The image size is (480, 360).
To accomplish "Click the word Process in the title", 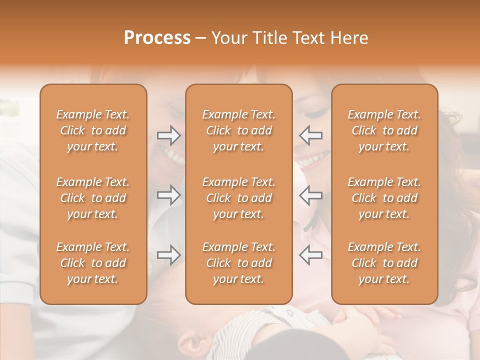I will tap(157, 38).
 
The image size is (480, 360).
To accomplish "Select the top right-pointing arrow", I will tap(169, 135).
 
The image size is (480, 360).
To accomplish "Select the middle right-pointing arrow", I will tap(169, 195).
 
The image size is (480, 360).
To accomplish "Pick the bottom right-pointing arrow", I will tap(169, 255).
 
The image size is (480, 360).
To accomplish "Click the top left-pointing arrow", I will tap(310, 135).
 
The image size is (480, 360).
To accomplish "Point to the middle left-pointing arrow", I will tap(310, 195).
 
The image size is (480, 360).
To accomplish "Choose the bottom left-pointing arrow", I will tap(310, 255).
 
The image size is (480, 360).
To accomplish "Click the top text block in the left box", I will tap(93, 130).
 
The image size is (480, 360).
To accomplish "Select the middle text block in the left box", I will tap(93, 198).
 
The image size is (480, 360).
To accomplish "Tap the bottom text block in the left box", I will tap(93, 263).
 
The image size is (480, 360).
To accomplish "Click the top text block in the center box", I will tap(239, 130).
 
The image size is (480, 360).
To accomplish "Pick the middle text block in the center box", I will tap(239, 198).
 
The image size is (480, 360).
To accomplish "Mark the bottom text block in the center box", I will tap(239, 263).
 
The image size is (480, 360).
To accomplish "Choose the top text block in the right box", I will tap(384, 130).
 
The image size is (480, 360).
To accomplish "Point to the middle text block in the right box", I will tap(384, 198).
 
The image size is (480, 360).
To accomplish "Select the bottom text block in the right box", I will tap(384, 263).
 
